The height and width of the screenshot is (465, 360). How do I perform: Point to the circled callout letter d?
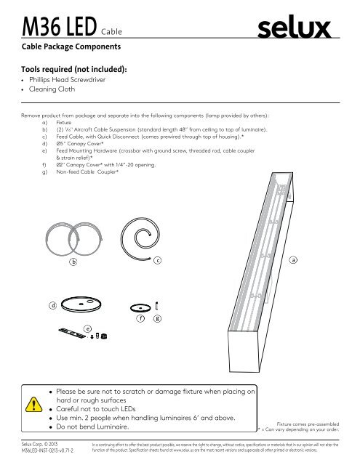53,305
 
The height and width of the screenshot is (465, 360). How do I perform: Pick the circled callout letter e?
87,328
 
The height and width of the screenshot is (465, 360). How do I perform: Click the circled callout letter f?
141,318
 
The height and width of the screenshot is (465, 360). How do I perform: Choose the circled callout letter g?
158,318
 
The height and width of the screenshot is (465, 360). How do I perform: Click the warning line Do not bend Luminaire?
93,427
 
